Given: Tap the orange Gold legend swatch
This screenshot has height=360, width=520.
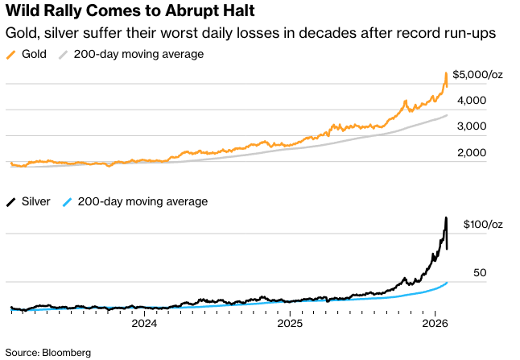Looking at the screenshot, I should (x=10, y=55).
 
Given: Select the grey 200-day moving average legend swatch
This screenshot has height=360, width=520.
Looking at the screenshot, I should (x=63, y=55).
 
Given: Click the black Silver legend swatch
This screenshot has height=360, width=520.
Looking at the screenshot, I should (x=10, y=201).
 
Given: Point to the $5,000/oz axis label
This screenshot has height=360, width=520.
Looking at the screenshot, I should (x=478, y=74).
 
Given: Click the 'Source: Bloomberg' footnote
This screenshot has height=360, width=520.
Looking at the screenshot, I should (x=48, y=352).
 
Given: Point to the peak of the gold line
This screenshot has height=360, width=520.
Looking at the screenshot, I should (x=446, y=74).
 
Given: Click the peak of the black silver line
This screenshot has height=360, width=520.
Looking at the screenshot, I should (x=446, y=217).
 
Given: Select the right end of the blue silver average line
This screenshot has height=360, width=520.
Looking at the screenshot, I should (x=448, y=283).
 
